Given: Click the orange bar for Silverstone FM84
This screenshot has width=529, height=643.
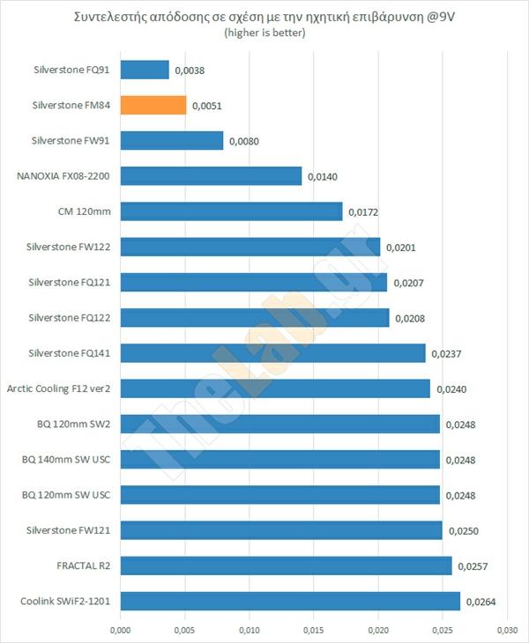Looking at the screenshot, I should pos(153,105).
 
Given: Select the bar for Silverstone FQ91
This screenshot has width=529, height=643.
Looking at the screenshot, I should pos(145,70).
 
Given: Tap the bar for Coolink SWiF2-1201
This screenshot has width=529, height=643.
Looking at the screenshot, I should pos(290,601).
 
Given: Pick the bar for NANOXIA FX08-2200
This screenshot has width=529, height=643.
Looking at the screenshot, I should pos(211,176).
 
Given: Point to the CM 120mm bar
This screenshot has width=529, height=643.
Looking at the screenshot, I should pos(231,211).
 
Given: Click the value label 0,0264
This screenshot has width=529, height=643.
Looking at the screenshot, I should pos(481,602).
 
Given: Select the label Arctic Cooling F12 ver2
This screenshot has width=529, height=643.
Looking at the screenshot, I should pos(59,388).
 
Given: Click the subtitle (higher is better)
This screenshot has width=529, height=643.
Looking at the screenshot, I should pos(264,33).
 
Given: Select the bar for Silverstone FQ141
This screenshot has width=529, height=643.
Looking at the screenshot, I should pos(272,353).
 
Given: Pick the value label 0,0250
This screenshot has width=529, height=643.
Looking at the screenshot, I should pos(462,531).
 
